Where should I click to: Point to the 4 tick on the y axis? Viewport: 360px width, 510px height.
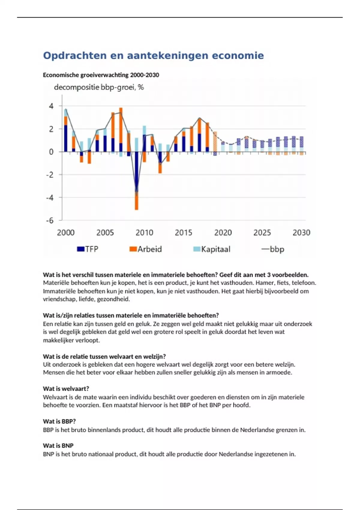(51, 106)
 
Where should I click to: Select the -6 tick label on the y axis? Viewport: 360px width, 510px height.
(50, 220)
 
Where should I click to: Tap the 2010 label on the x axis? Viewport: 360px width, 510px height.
(144, 233)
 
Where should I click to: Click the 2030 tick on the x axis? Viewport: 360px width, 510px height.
(301, 233)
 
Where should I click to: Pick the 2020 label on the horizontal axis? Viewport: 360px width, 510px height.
(223, 233)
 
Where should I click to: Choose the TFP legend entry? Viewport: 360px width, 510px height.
(88, 249)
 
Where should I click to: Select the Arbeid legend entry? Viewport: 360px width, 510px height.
(146, 249)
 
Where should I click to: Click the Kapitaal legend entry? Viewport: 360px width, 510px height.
(212, 249)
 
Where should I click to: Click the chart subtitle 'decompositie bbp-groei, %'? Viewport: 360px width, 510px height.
(99, 87)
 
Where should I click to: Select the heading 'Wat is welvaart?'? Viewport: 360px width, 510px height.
(66, 389)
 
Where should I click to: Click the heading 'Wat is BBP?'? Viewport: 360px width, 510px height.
(59, 421)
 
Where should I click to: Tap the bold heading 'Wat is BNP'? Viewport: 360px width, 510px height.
(58, 446)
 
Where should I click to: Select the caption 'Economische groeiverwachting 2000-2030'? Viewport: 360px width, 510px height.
(101, 75)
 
